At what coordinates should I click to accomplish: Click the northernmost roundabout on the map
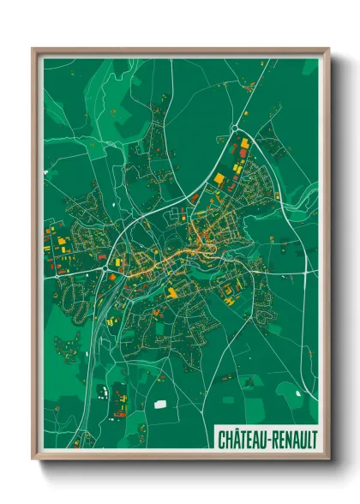click(234, 129)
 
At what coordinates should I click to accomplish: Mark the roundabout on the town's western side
click(105, 268)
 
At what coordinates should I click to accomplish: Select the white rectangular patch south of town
click(160, 401)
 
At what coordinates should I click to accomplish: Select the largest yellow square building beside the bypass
click(218, 177)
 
